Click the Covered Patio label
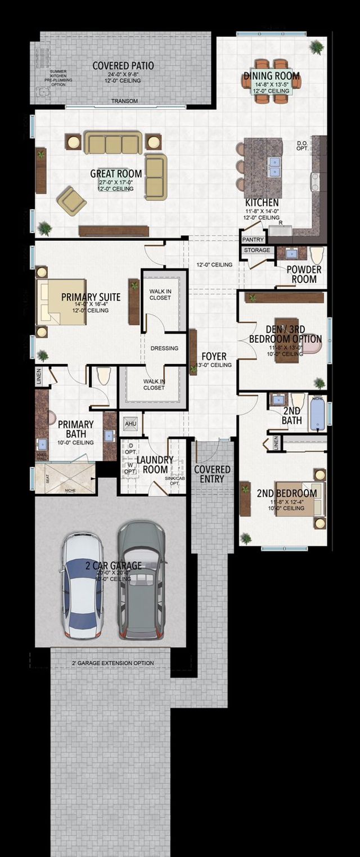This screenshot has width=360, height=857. tap(123, 66)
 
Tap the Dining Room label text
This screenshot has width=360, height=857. tap(271, 76)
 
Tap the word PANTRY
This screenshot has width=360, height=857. tap(253, 240)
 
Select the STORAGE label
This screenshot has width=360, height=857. tap(257, 250)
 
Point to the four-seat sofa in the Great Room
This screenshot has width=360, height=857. tap(113, 142)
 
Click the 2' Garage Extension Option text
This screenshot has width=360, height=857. tap(112, 663)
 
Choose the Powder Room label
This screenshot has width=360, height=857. tap(304, 274)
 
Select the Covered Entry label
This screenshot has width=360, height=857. tap(212, 474)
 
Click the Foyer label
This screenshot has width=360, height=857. tap(213, 356)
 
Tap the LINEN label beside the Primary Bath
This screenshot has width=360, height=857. tap(39, 374)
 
